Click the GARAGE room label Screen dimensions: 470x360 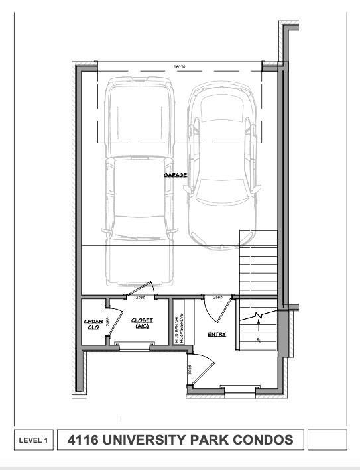[x=176, y=175]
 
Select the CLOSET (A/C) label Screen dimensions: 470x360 [x=142, y=323]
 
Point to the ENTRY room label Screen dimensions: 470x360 [x=216, y=334]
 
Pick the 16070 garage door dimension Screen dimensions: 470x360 [x=179, y=67]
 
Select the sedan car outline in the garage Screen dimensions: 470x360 [x=221, y=166]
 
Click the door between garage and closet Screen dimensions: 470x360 [x=142, y=288]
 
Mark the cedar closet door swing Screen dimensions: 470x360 [x=114, y=323]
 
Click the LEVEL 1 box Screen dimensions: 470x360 [x=33, y=440]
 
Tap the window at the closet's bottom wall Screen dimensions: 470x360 [x=133, y=345]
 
